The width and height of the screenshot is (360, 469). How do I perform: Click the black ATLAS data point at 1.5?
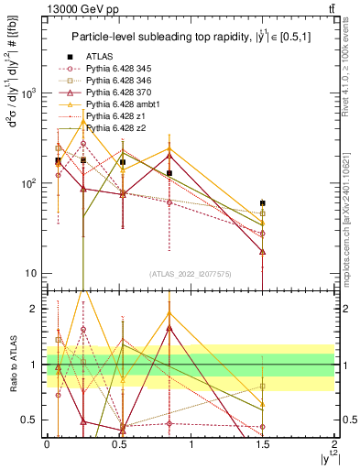(x=263, y=203)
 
